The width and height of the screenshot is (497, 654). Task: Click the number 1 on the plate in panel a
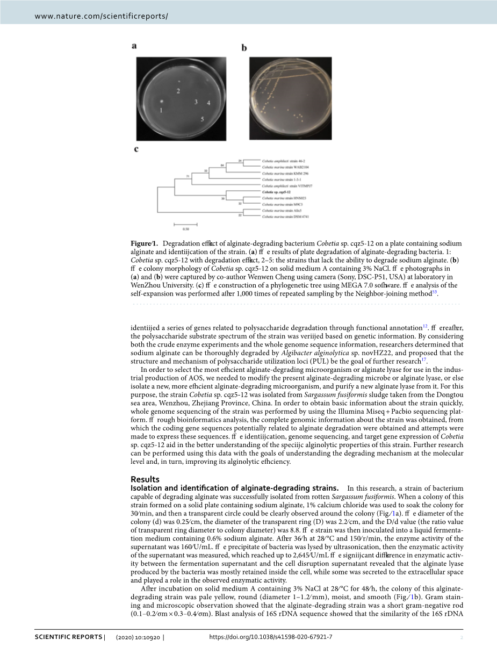pos(161,110)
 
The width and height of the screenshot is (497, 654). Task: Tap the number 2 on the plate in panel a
pos(178,91)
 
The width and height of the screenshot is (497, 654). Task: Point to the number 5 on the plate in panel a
pos(202,119)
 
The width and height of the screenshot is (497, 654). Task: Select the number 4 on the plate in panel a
pos(208,102)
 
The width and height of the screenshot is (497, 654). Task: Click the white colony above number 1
pos(161,101)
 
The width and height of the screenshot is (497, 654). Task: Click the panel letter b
pos(244,48)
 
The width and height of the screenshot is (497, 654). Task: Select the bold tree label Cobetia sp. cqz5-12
pos(276,192)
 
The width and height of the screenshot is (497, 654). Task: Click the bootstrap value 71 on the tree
pos(188,176)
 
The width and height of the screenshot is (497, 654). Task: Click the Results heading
pos(145,479)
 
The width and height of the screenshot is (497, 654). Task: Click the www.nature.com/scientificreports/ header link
pos(101,16)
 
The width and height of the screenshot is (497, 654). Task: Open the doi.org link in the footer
pos(270,637)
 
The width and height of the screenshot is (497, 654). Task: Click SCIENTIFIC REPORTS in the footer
pos(68,637)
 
